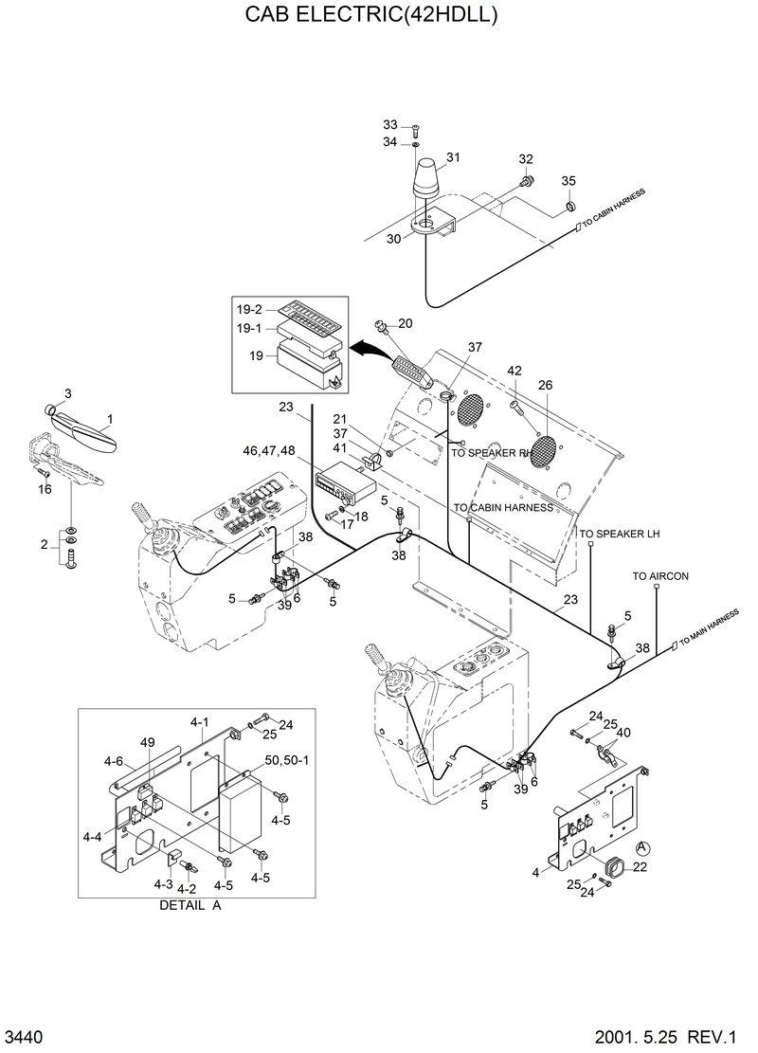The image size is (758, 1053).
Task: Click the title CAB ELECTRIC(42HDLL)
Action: tap(371, 16)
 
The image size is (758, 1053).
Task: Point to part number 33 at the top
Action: tap(390, 125)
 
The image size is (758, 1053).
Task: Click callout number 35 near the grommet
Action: tap(568, 181)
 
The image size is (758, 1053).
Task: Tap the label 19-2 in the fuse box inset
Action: tap(252, 309)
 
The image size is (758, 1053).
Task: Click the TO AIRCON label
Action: tap(660, 576)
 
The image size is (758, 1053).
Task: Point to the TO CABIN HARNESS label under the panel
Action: tap(502, 508)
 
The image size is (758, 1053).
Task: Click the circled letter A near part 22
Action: tap(642, 847)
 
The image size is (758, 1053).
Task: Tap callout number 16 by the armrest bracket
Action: tap(45, 489)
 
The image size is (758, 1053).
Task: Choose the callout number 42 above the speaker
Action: tap(514, 371)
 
